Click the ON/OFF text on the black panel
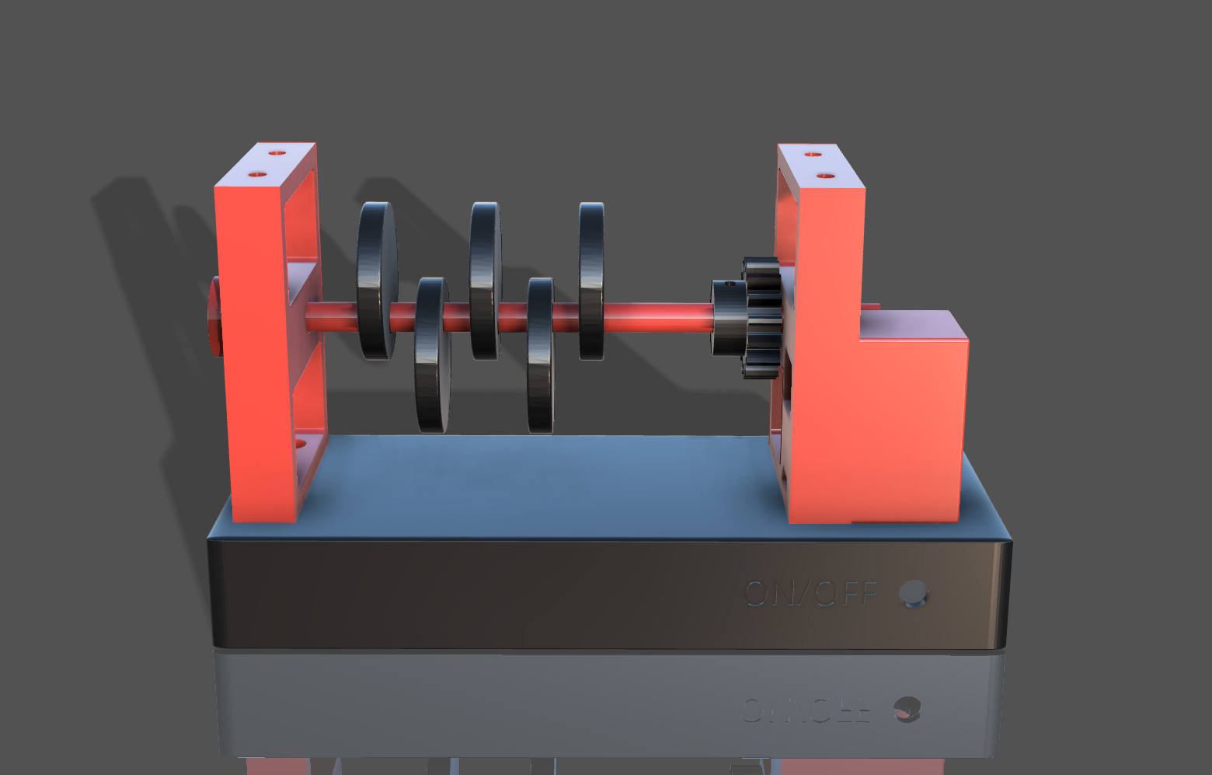(810, 594)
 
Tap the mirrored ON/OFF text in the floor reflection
(805, 710)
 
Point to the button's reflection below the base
(906, 709)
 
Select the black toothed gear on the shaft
(761, 318)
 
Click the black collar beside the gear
(728, 319)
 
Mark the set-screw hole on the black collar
(729, 285)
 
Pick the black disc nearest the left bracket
(377, 281)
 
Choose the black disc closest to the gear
(591, 281)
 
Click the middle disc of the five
(485, 281)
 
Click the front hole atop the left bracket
(257, 175)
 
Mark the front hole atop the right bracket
(826, 176)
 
